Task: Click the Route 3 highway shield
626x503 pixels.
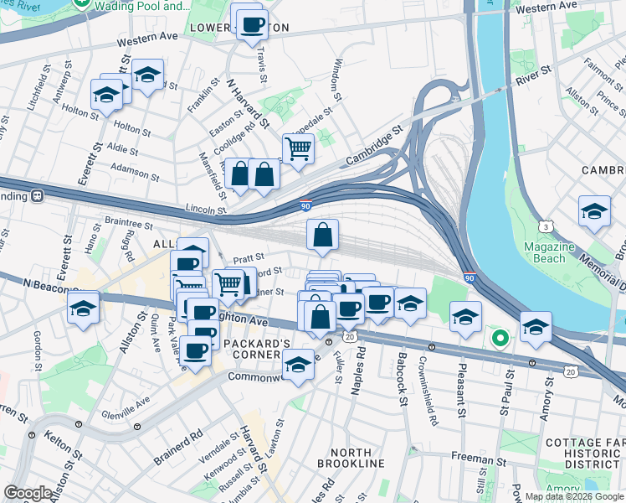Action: (545, 226)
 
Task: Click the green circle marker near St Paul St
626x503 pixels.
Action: (500, 339)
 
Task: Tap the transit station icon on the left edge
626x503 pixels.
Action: (38, 196)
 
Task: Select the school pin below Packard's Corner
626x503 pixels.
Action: (297, 365)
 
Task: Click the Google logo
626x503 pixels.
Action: (28, 493)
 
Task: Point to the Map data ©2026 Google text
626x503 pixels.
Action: (574, 496)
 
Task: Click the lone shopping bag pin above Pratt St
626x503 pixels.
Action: (322, 236)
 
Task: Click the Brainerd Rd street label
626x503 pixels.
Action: (178, 449)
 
